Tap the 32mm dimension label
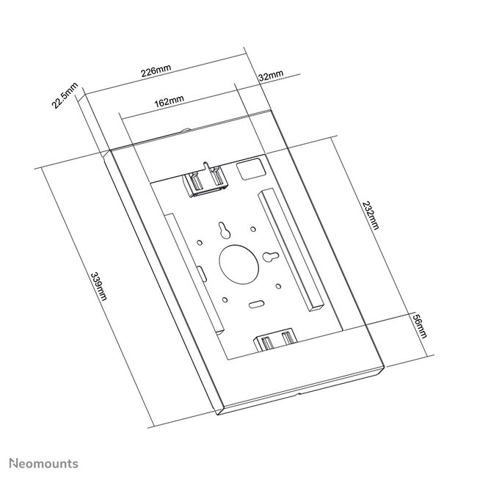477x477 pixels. (x=270, y=76)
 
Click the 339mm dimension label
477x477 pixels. (x=98, y=285)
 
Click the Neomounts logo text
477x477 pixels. (x=43, y=464)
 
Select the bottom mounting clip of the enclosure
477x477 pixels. (x=275, y=340)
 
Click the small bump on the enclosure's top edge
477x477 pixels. (x=186, y=133)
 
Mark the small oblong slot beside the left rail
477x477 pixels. (x=200, y=273)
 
